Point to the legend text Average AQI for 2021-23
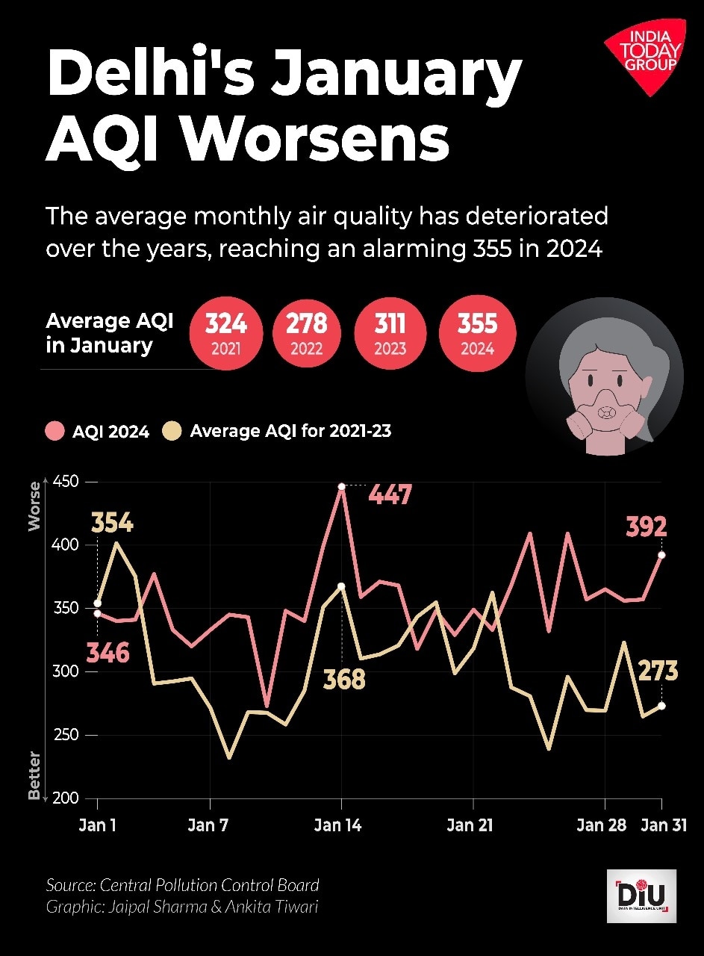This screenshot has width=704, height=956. point(290,431)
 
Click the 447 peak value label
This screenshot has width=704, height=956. point(390,494)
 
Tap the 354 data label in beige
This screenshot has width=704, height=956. point(112,523)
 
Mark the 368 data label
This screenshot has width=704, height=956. point(344,680)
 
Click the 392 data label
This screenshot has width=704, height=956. point(646,527)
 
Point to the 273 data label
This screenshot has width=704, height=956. point(658,671)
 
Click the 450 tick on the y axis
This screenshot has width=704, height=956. point(66,482)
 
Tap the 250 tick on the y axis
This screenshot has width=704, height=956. point(66,735)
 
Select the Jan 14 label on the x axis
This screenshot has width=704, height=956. point(338,825)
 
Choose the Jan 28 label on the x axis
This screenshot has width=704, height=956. point(601,825)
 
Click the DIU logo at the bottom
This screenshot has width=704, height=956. point(641,896)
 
